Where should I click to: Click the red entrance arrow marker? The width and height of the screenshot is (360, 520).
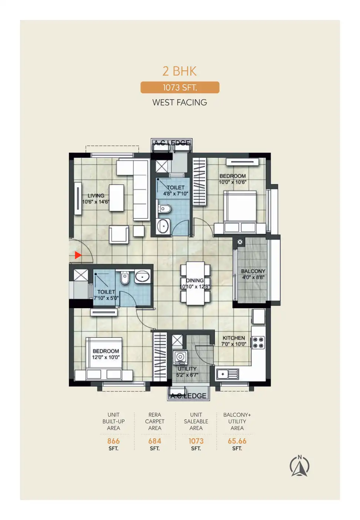click(x=78, y=255)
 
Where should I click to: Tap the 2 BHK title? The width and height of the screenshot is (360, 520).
click(x=180, y=71)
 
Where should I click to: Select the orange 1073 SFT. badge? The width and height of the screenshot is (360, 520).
click(x=180, y=87)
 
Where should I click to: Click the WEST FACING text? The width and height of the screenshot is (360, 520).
click(x=180, y=102)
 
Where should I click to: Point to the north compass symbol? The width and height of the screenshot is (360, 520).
click(x=299, y=466)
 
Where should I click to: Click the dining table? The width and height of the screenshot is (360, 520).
click(x=195, y=283)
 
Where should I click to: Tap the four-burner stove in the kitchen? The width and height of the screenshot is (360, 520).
click(x=259, y=343)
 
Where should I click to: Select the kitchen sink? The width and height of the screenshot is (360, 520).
click(x=227, y=374)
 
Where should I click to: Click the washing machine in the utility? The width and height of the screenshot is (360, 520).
click(x=180, y=357)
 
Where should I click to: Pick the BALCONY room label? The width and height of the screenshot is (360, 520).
click(x=253, y=271)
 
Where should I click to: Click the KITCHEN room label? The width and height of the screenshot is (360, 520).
click(x=234, y=338)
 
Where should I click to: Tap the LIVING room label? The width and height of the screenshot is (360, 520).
click(x=96, y=196)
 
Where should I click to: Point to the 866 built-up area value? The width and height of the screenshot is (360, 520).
click(x=113, y=441)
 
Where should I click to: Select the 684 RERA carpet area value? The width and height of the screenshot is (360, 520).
click(x=154, y=441)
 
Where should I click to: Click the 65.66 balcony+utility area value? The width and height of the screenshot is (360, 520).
click(x=237, y=441)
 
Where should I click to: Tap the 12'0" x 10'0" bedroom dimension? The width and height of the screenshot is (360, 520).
click(x=106, y=357)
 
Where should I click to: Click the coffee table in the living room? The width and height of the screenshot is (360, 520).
click(x=116, y=198)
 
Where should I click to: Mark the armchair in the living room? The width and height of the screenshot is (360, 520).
click(x=119, y=234)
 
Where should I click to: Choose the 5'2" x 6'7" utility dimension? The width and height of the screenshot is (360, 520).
click(x=187, y=375)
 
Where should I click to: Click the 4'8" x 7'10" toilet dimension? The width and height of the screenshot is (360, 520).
click(x=176, y=194)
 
